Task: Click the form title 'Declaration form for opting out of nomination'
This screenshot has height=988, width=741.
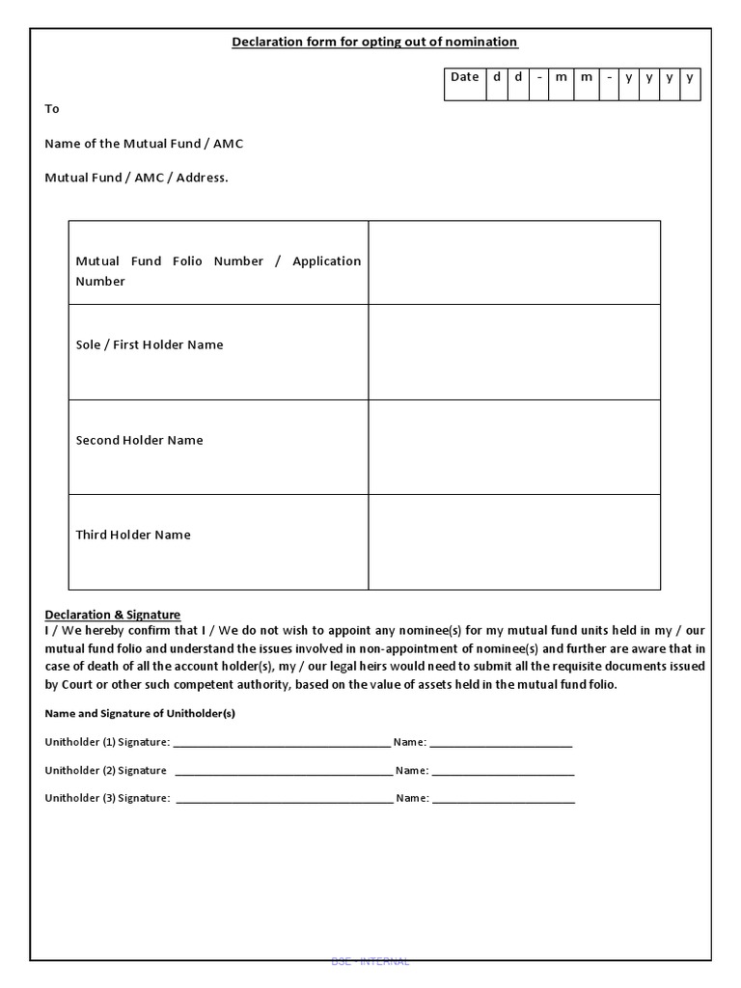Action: [x=374, y=41]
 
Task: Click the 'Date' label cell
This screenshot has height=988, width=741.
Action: [x=464, y=78]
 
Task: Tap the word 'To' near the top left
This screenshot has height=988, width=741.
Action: [x=52, y=109]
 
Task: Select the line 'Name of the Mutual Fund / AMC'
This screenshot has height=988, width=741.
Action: [x=144, y=144]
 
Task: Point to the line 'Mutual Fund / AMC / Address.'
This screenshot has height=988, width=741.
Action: [x=136, y=178]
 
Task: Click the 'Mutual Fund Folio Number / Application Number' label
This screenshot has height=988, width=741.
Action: [x=218, y=271]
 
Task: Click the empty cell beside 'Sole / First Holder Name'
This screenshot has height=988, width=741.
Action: [x=514, y=352]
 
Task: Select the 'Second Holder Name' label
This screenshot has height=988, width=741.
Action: [x=139, y=440]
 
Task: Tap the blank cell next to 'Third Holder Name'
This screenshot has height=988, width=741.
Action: [x=514, y=542]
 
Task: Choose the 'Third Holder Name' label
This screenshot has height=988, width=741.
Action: [x=133, y=535]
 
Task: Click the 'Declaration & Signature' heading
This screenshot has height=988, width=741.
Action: [x=113, y=615]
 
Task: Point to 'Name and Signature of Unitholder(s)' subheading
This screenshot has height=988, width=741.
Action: [x=140, y=714]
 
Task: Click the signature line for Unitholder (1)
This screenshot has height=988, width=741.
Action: [x=282, y=744]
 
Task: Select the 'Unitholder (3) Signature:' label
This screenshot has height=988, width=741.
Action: [x=107, y=798]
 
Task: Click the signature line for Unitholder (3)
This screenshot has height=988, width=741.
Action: [x=285, y=800]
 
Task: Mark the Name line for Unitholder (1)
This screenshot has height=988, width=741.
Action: [x=501, y=744]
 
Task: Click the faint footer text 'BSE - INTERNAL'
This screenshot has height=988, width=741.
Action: [x=370, y=961]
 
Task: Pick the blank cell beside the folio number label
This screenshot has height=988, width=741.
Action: [x=514, y=262]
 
